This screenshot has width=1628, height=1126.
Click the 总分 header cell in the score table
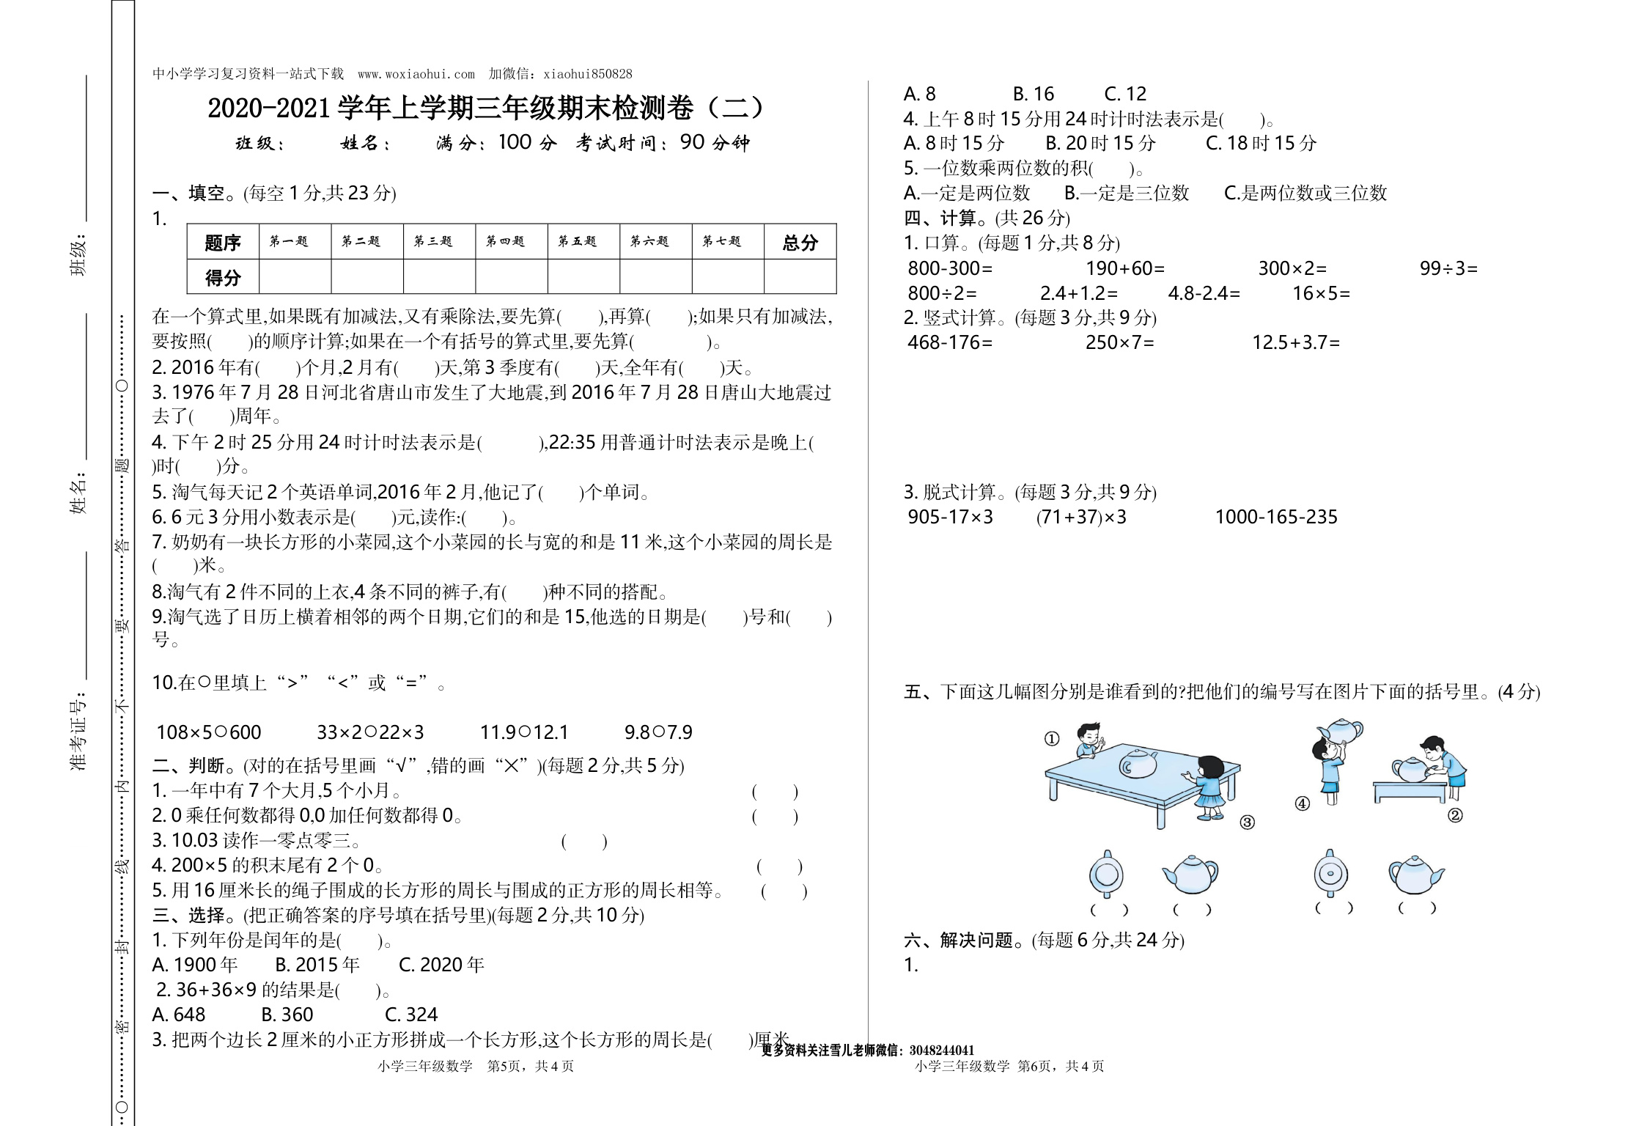click(800, 242)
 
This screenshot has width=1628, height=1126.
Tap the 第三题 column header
click(433, 241)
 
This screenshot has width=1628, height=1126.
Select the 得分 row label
click(223, 277)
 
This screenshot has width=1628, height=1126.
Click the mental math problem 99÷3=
click(1448, 268)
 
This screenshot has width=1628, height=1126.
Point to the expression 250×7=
click(1119, 342)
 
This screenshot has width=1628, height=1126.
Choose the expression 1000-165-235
click(1276, 517)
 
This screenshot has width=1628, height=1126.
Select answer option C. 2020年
click(441, 965)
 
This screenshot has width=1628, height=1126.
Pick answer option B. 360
click(287, 1015)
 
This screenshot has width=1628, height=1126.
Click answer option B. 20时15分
click(1100, 143)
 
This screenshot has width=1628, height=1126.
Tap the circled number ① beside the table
click(1052, 739)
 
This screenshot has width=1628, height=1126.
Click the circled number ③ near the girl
click(1247, 823)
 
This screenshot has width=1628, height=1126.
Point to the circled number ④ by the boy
click(1303, 803)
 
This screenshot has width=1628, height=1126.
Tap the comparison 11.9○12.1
click(524, 732)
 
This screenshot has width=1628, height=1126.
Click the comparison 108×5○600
click(209, 732)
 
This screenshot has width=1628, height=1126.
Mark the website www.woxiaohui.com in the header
click(416, 74)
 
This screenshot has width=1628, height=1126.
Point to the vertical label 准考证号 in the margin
click(79, 730)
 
